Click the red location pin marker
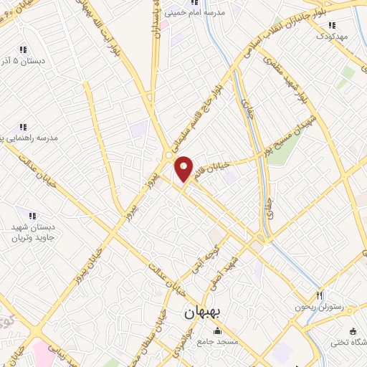point(184,168)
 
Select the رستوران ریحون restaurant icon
point(320,295)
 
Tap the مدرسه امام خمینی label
point(201,13)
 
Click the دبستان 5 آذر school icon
point(22,49)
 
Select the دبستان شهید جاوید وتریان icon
point(32,214)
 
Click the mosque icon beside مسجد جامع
point(217,331)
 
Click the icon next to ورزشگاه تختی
point(353,330)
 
